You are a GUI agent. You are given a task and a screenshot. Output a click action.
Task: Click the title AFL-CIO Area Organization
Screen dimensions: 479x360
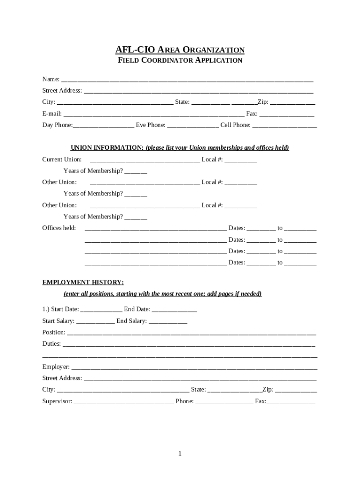point(180,50)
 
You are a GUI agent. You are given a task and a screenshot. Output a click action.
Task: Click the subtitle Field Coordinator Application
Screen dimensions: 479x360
point(180,60)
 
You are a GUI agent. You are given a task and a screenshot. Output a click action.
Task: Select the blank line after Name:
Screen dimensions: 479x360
point(187,80)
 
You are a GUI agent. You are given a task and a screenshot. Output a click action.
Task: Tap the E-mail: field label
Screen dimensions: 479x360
point(52,114)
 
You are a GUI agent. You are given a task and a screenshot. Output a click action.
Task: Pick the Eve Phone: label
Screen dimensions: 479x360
point(151,125)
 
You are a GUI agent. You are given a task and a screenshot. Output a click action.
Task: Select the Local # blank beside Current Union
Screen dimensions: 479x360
point(240,160)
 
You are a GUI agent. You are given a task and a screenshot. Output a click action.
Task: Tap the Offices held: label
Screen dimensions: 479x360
point(59,228)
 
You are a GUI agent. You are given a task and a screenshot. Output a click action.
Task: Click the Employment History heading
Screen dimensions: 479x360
point(83,283)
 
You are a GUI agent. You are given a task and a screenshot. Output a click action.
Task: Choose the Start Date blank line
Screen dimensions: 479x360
point(101,310)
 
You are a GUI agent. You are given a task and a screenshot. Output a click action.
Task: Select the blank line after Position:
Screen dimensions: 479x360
point(192,333)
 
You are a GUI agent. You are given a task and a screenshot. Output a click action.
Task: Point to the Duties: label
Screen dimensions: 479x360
point(51,344)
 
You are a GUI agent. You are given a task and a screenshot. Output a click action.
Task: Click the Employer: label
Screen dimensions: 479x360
point(56,367)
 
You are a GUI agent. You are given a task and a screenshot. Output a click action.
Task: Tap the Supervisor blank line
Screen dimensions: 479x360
point(124,402)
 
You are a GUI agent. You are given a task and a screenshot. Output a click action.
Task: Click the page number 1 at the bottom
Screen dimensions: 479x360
point(180,454)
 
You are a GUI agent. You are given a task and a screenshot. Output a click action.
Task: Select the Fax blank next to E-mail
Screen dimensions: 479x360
point(287,115)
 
